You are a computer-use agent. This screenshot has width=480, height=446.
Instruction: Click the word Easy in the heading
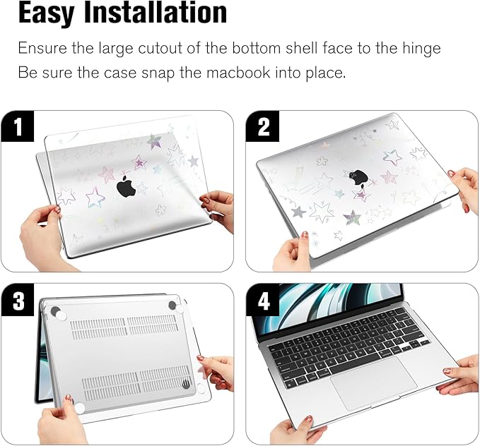click(53, 14)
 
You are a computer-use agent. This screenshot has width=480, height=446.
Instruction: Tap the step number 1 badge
click(18, 127)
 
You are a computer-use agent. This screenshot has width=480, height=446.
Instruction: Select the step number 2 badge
click(264, 127)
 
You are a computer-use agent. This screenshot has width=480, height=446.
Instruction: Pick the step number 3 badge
click(18, 301)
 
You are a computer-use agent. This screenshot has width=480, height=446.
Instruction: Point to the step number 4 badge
click(264, 301)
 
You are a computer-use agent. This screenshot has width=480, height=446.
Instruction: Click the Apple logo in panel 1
click(126, 188)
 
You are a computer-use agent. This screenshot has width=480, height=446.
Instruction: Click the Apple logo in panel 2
click(356, 178)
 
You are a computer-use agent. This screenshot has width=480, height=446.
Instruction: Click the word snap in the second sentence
click(155, 73)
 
